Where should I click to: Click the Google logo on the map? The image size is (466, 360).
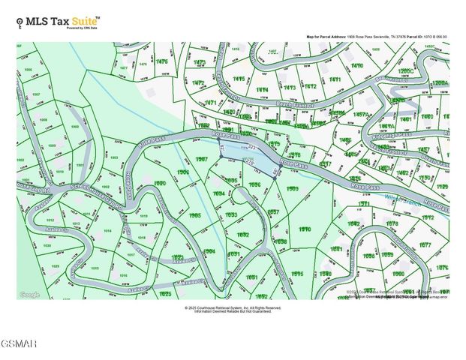[x=29, y=295]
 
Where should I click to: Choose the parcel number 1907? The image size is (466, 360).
[x=202, y=160]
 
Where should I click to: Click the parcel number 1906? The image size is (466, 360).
[x=183, y=172]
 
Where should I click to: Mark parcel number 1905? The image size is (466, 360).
[x=194, y=215]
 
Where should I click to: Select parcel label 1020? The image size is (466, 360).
[x=159, y=183]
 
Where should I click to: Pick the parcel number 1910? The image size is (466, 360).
[x=305, y=229]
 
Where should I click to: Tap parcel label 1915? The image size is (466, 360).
[x=297, y=274]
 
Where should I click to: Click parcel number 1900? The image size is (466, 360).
[x=74, y=127]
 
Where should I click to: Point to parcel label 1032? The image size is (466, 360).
[x=243, y=235]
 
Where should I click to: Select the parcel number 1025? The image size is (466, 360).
[x=165, y=295]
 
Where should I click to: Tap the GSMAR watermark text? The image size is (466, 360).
[x=19, y=343]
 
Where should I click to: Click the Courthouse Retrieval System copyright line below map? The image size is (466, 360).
[x=233, y=307]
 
